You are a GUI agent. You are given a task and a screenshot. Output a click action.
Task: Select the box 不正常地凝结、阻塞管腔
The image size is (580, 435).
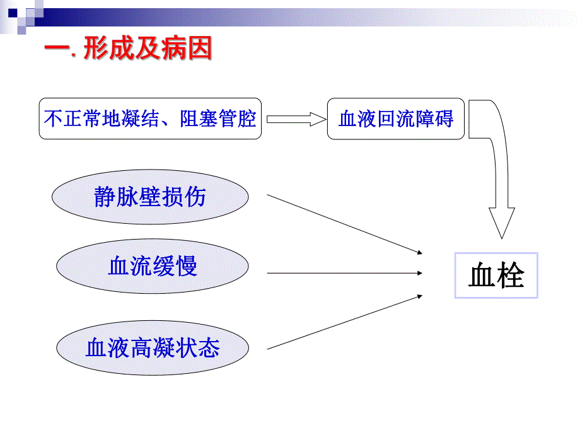tap(150, 118)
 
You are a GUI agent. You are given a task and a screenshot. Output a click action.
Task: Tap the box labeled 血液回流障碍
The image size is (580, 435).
tap(395, 118)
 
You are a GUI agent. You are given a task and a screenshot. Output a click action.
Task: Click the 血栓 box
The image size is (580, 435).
tap(496, 275)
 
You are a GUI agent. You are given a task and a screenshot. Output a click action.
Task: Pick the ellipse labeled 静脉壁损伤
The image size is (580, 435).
tap(150, 197)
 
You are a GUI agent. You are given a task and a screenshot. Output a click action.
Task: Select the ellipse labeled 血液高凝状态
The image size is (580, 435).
tap(151, 347)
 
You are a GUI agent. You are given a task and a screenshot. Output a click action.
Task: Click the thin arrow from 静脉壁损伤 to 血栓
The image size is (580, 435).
tap(344, 224)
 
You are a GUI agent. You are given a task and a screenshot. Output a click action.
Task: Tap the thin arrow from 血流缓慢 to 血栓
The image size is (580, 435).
tap(344, 273)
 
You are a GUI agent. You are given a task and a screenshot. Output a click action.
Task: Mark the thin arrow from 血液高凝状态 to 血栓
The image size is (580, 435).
tap(344, 322)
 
